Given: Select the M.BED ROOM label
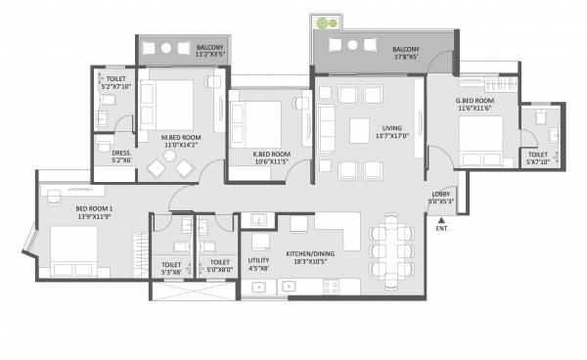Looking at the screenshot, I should [181, 138].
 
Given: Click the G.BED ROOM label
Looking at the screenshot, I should [474, 102].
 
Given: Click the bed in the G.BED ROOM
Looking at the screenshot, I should [479, 141].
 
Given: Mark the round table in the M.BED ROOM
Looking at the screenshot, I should [158, 167].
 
